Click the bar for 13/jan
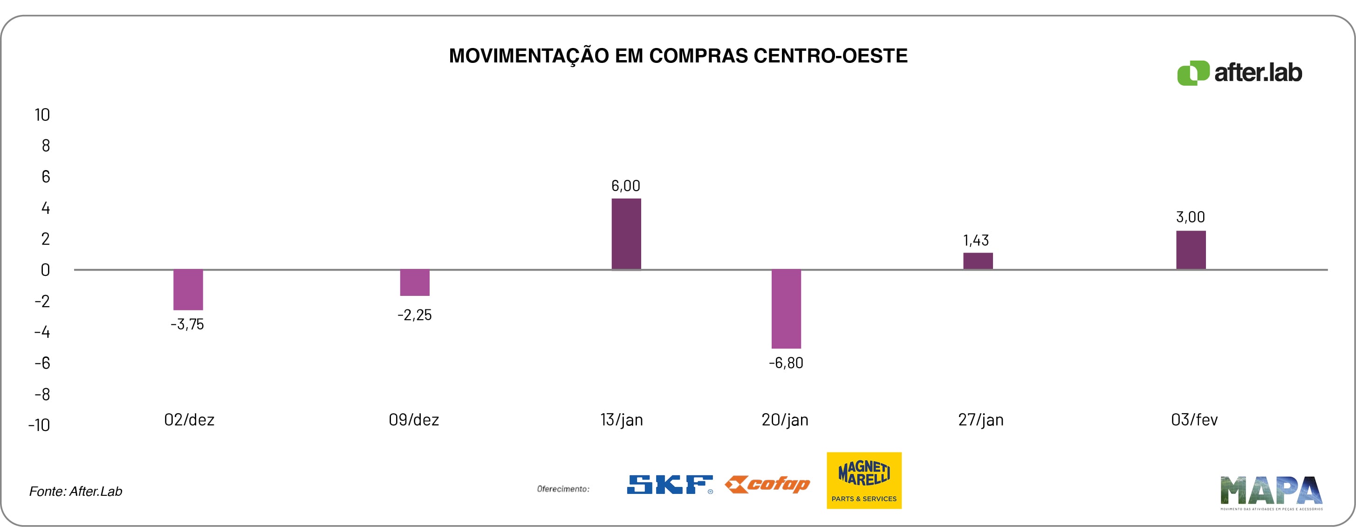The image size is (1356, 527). click(x=626, y=234)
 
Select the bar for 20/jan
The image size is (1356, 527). click(x=786, y=308)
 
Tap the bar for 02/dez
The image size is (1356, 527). click(x=188, y=289)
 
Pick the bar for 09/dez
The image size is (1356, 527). click(x=414, y=283)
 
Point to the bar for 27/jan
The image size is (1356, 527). click(x=978, y=261)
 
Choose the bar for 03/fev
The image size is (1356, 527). click(x=1191, y=250)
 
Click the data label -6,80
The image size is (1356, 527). click(x=786, y=363)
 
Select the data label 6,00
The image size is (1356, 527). click(x=625, y=186)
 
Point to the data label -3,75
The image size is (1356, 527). click(x=187, y=324)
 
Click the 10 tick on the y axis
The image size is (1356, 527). click(x=42, y=115)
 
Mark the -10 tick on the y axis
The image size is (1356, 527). click(x=39, y=425)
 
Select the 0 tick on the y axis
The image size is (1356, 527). click(x=45, y=270)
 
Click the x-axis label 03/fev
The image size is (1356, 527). click(x=1194, y=420)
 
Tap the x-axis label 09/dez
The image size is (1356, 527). click(x=414, y=420)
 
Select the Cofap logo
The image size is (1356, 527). click(x=767, y=484)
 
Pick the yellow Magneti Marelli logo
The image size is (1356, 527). click(x=864, y=480)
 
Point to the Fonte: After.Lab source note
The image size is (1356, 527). click(x=76, y=491)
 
